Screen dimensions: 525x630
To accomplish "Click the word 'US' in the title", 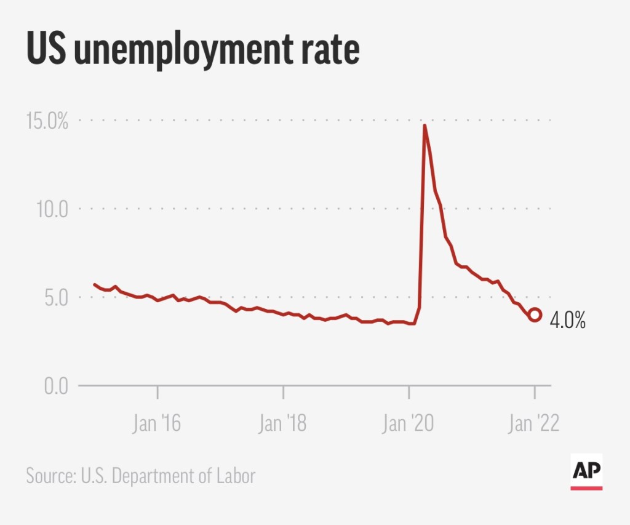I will pyautogui.click(x=46, y=50).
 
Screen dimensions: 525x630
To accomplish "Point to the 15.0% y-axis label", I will pyautogui.click(x=46, y=121).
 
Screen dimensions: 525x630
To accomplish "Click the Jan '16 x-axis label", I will pyautogui.click(x=157, y=425).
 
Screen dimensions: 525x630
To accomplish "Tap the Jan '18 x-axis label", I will pyautogui.click(x=282, y=425).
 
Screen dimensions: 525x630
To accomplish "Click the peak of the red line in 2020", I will pyautogui.click(x=425, y=126).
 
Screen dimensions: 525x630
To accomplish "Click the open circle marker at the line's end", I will pyautogui.click(x=535, y=315).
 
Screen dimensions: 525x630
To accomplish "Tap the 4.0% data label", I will pyautogui.click(x=567, y=321).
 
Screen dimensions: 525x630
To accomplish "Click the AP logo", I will pyautogui.click(x=586, y=472).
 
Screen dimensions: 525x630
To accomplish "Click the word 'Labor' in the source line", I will pyautogui.click(x=236, y=476).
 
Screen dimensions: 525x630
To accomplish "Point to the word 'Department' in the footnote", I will pyautogui.click(x=154, y=476).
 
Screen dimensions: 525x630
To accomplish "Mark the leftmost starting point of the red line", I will pyautogui.click(x=94, y=284).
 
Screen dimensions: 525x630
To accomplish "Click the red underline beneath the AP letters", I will pyautogui.click(x=586, y=487).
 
